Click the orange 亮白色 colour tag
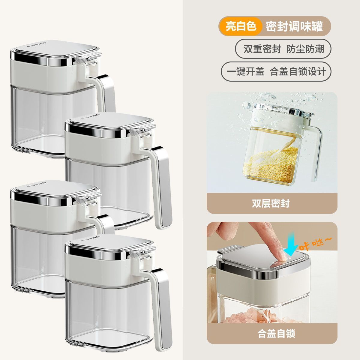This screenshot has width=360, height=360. pyautogui.click(x=241, y=26)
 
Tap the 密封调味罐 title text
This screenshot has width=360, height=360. pyautogui.click(x=294, y=26)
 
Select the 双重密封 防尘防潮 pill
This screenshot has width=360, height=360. pyautogui.click(x=283, y=49)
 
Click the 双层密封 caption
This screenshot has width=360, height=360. pyautogui.click(x=271, y=204)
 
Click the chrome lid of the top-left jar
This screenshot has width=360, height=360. pyautogui.click(x=55, y=49)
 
